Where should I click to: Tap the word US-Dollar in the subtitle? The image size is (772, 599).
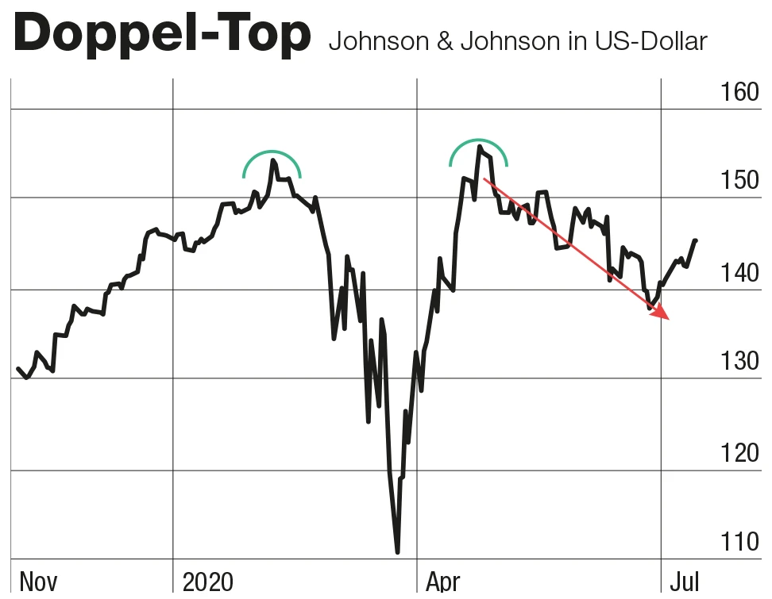(650, 41)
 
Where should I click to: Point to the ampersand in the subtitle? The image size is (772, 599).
(442, 41)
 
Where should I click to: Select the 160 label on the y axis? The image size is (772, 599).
(738, 92)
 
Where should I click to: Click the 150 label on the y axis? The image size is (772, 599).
(738, 181)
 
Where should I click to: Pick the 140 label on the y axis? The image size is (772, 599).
(738, 273)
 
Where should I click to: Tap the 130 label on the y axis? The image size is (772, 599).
(738, 362)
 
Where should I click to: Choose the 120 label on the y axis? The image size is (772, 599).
(738, 453)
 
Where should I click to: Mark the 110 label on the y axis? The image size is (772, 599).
(738, 543)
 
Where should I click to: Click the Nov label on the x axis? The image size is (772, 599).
(37, 582)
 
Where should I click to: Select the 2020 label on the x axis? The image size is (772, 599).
(208, 582)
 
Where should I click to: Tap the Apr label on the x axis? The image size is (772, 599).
(442, 582)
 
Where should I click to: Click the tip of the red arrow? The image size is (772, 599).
(670, 319)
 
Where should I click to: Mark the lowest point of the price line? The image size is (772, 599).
(397, 552)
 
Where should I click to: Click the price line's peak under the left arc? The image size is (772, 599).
(272, 160)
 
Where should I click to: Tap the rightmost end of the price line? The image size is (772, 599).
(696, 240)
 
